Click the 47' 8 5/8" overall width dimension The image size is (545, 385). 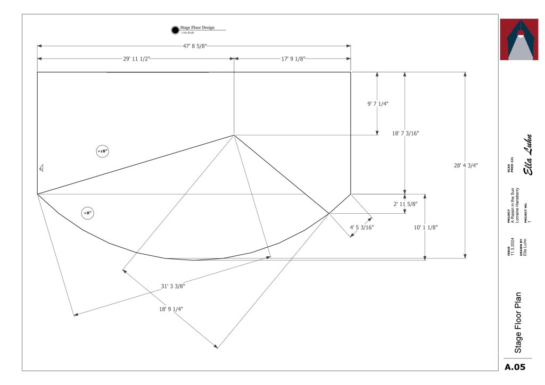194,46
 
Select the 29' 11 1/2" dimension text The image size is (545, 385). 137,59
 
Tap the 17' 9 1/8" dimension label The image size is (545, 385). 293,59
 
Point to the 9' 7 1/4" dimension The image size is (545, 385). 378,104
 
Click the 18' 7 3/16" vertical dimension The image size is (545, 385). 405,133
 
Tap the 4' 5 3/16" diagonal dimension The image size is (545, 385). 362,228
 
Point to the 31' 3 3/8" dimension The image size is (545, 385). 173,286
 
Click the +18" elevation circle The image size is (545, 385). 102,152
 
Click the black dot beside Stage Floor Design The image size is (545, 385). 175,30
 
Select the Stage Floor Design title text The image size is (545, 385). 197,27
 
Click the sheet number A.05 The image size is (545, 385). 515,367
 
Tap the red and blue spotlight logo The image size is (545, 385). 522,39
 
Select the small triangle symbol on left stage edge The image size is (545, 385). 41,169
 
